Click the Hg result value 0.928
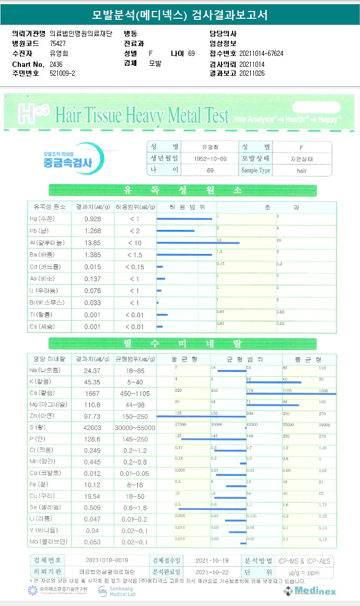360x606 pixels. [92, 218]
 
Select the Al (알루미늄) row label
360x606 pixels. [47, 243]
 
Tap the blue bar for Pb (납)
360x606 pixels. [176, 230]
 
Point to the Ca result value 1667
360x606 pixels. [92, 393]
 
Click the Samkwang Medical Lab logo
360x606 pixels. [116, 591]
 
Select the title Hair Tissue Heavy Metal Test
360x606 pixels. [141, 115]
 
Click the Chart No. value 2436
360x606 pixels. [56, 64]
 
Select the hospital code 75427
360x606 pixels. [57, 43]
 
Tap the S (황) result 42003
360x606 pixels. [92, 427]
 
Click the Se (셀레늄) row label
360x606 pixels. [47, 507]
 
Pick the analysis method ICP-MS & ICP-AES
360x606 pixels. [304, 561]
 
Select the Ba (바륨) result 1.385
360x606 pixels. [92, 254]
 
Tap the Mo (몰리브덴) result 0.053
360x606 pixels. [92, 542]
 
